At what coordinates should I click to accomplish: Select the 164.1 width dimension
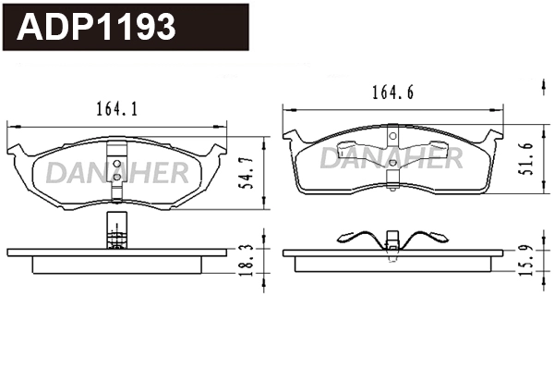117,109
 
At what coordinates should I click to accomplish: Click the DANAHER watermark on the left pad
117,172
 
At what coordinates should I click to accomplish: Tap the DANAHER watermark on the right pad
391,157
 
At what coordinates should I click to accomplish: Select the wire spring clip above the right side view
393,239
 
